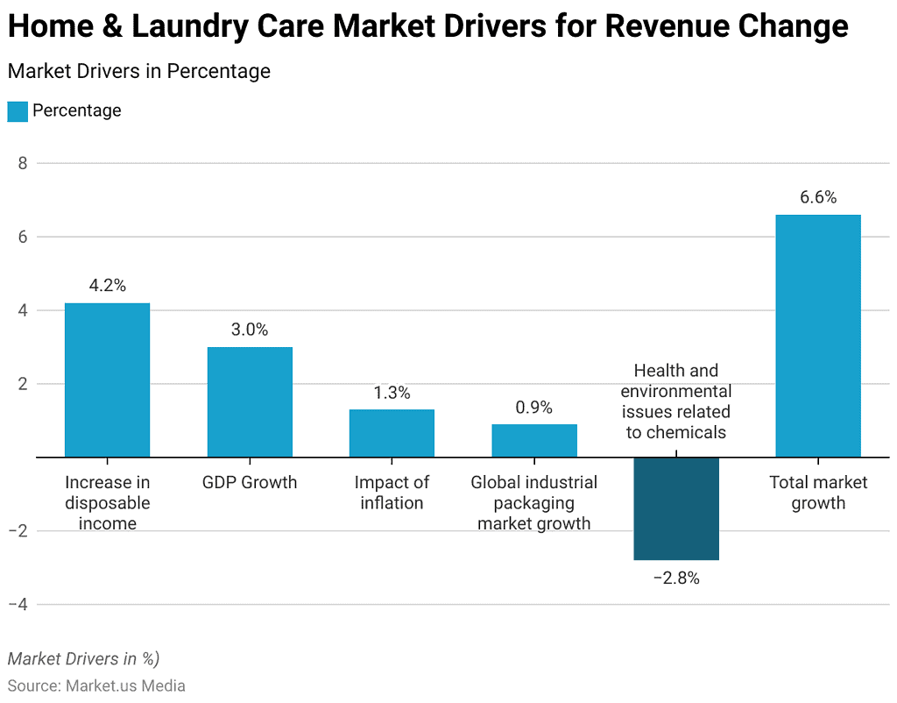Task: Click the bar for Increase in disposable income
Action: (107, 380)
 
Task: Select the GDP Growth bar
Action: (250, 401)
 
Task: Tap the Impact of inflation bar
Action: (392, 433)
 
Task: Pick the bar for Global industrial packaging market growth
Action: (534, 440)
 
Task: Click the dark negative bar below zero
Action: (676, 508)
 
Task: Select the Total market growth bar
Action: (818, 336)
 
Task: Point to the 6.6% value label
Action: (818, 197)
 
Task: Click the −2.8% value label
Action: (676, 579)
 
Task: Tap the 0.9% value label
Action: (534, 408)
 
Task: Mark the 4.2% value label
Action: (107, 285)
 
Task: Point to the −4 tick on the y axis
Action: (18, 605)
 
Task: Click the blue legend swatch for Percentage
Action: (18, 111)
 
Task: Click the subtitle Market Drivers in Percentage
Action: (138, 71)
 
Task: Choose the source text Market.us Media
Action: (125, 685)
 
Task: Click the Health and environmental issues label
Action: (676, 401)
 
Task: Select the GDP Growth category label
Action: (250, 482)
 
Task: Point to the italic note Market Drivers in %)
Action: (83, 658)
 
